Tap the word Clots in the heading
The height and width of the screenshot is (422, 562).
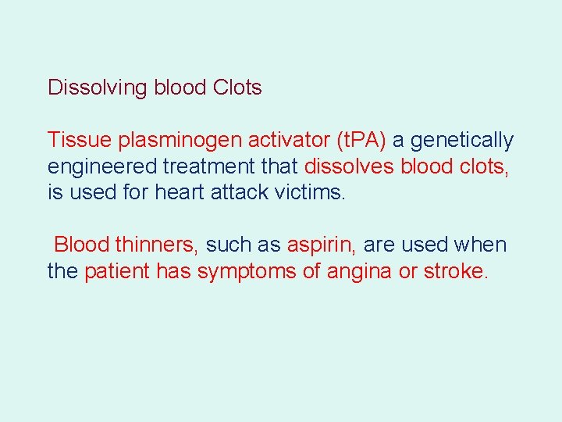tap(237, 88)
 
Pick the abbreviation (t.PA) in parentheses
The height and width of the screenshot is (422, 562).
tap(361, 141)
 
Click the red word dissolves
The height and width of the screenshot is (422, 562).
tap(349, 167)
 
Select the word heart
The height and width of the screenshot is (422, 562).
tap(185, 193)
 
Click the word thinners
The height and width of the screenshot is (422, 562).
tap(157, 245)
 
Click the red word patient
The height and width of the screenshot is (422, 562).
tap(117, 272)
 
